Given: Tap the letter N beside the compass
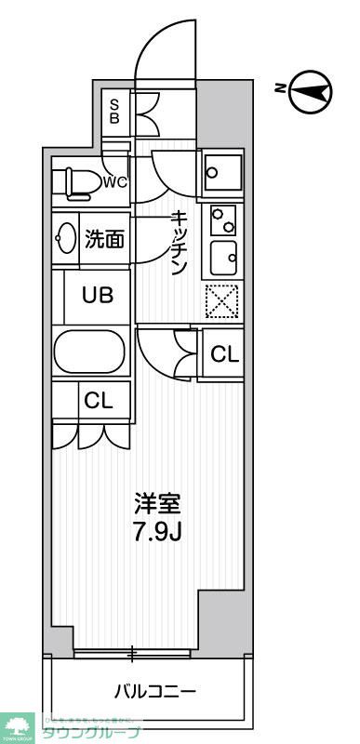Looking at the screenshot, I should pos(280,89).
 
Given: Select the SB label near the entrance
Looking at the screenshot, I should pos(115,112).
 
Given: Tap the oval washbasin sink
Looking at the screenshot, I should pos(68,239).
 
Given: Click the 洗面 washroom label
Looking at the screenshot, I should pos(104,239).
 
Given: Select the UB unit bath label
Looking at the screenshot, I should pos(98,296).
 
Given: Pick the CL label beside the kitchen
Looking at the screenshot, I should pos(224,354).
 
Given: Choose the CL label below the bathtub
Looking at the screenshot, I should pos(98,401).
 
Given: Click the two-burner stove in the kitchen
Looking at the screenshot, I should pos(223,219).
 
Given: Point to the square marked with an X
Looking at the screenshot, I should pos(222,300).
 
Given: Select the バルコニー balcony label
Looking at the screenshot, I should pos(155,692).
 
